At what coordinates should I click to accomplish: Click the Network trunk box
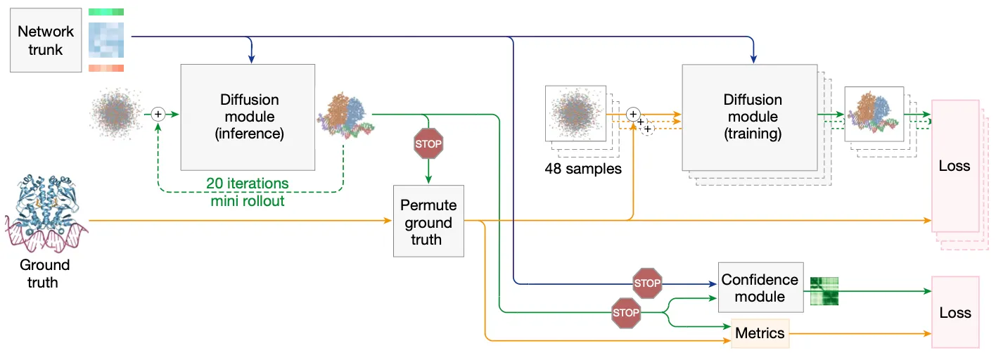(x=46, y=40)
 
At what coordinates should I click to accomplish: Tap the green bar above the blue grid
(x=106, y=12)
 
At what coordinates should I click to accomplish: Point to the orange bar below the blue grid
(x=106, y=67)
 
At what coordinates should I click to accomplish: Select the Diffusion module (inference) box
(x=248, y=117)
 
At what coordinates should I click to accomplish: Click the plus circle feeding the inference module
(x=158, y=112)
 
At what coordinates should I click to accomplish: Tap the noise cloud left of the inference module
(x=115, y=113)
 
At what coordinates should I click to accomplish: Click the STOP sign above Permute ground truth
(x=428, y=143)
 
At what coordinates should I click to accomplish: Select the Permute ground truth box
(x=428, y=222)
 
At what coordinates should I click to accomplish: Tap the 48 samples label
(x=582, y=169)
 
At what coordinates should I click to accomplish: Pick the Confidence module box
(x=760, y=288)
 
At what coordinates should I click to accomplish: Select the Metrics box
(x=760, y=333)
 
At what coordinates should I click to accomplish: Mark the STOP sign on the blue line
(x=647, y=283)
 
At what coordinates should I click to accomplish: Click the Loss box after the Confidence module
(x=954, y=313)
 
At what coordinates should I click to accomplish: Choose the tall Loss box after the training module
(x=954, y=166)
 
